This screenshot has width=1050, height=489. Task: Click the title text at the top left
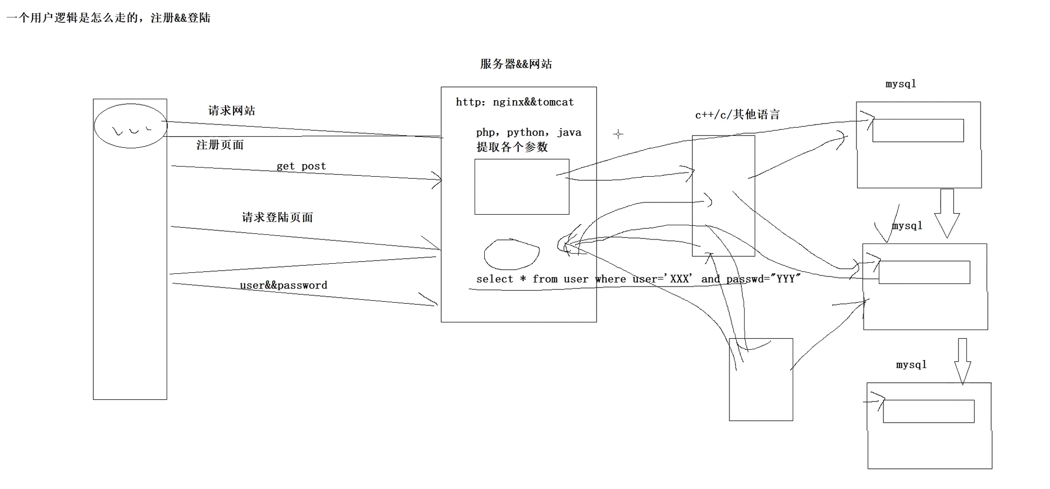108,18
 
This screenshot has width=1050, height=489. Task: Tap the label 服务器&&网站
516,64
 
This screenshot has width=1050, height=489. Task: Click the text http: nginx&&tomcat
515,102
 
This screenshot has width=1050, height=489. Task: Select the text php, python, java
528,132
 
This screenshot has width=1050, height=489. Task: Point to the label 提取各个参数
512,147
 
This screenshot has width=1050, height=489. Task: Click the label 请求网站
231,110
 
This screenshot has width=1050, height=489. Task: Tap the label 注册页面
220,145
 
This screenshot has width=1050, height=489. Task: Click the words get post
301,166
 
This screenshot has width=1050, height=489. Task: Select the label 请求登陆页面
277,217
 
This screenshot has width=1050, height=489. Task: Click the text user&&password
283,285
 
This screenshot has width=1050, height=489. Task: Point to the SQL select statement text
638,279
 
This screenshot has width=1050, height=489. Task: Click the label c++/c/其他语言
737,114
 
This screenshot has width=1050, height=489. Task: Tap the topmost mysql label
901,84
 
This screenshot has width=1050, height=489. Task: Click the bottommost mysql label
911,364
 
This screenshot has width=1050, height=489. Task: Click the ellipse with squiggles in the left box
130,126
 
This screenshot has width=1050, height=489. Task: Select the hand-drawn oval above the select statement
512,254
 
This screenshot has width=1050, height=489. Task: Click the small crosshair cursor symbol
618,134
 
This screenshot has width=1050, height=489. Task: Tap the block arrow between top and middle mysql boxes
947,213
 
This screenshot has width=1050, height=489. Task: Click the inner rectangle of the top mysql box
918,131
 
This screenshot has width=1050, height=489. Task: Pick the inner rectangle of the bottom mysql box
928,411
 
